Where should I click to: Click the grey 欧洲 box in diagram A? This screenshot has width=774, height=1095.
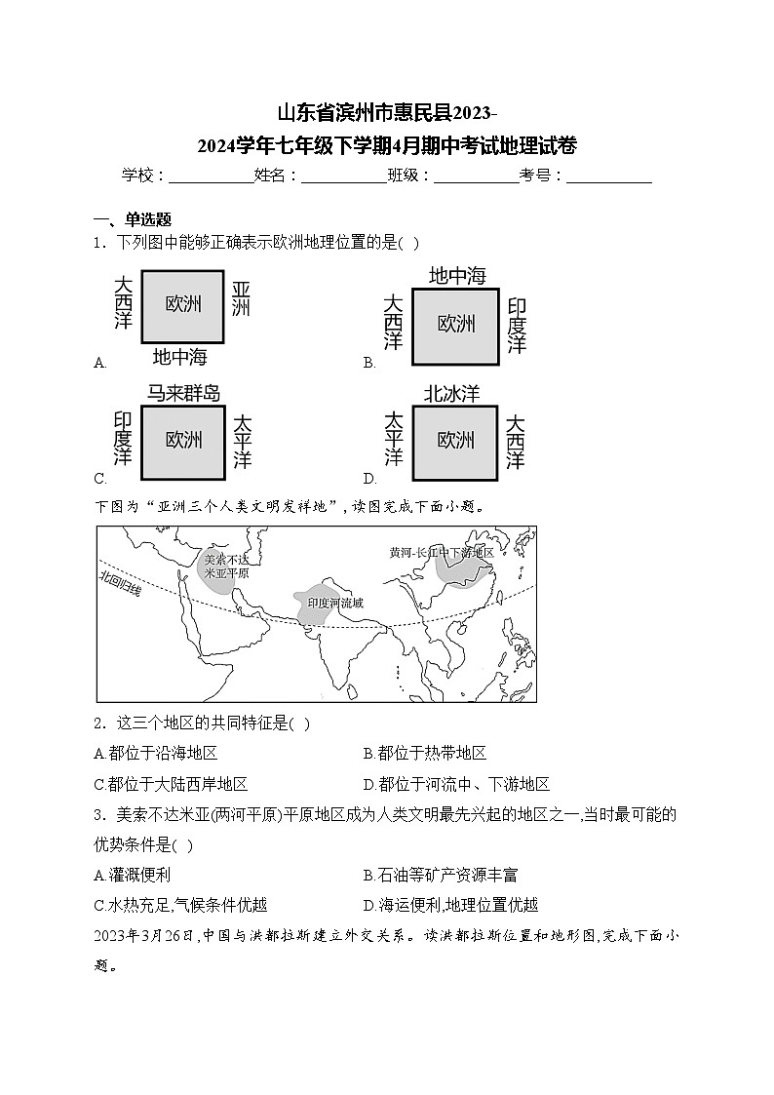[184, 304]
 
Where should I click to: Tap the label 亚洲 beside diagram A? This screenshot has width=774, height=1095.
[241, 299]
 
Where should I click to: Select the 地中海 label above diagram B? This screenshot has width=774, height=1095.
[457, 276]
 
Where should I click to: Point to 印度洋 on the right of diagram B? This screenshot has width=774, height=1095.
[518, 326]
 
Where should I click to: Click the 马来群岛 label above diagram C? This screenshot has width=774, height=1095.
[183, 393]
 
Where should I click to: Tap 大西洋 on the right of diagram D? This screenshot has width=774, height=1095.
[516, 442]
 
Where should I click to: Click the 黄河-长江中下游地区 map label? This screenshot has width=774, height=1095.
[441, 552]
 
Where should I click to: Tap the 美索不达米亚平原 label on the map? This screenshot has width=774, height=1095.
[225, 567]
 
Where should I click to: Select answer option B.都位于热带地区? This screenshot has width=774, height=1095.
[424, 753]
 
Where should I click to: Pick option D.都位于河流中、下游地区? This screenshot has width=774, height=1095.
[456, 784]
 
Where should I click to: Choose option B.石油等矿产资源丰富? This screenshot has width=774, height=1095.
[440, 876]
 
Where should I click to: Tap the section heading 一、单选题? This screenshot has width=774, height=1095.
[132, 219]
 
